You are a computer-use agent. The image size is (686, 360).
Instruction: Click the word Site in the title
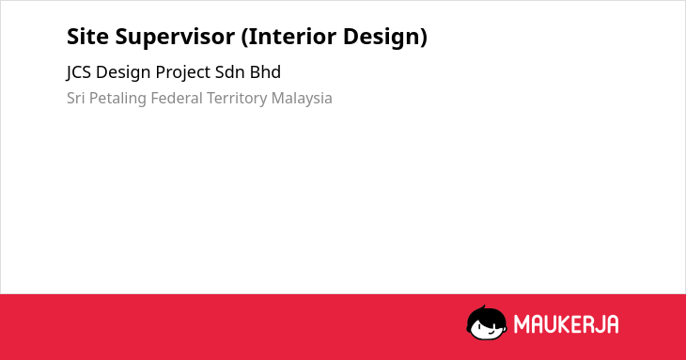87,37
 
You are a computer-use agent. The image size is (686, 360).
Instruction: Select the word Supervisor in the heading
175,38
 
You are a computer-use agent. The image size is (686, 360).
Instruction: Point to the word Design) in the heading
385,38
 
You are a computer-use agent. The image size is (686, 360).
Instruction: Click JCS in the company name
79,72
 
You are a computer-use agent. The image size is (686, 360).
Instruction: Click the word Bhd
265,72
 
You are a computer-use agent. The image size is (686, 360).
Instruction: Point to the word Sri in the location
75,98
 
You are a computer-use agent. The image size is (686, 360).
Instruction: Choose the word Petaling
117,99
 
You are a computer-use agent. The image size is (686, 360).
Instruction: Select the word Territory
237,99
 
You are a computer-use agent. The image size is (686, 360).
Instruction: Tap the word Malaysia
302,99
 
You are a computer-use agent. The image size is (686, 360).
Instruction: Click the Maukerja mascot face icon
487,323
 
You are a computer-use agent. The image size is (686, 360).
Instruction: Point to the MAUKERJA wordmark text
566,324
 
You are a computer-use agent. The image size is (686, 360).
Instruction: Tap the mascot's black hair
486,315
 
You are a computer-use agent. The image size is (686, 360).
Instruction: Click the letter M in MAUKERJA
522,324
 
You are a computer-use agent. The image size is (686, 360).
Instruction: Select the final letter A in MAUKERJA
613,324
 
